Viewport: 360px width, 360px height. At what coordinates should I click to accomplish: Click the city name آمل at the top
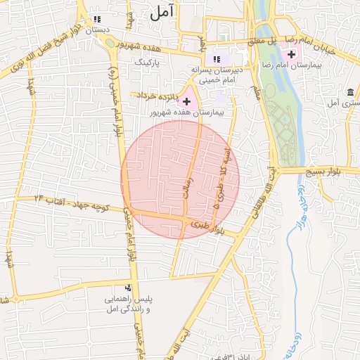(161, 12)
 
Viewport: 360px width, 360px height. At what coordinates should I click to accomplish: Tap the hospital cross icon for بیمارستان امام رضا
(291, 54)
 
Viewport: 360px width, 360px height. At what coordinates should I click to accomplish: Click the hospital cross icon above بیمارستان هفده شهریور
(186, 102)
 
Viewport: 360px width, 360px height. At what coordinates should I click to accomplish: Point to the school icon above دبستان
(96, 20)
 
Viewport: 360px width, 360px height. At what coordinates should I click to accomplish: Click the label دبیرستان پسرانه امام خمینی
(217, 75)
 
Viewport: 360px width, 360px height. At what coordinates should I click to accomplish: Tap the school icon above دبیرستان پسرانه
(217, 59)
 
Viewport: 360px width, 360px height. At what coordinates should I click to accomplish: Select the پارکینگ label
(148, 63)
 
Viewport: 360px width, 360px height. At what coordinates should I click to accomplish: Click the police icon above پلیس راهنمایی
(128, 288)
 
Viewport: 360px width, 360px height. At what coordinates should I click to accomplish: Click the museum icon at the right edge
(349, 92)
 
